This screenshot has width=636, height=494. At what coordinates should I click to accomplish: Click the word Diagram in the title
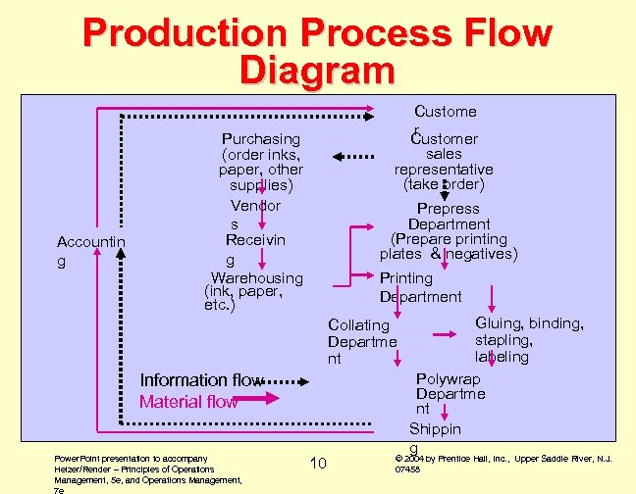(x=316, y=71)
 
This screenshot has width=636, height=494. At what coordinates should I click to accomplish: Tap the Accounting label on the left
(x=90, y=251)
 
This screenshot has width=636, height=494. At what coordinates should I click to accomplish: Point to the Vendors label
(x=255, y=215)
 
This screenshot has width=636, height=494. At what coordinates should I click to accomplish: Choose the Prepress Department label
(x=448, y=231)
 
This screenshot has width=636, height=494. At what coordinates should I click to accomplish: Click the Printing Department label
(x=420, y=287)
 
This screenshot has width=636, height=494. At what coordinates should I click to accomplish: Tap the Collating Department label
(x=362, y=342)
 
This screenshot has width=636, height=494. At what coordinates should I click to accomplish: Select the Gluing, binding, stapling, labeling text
(x=529, y=340)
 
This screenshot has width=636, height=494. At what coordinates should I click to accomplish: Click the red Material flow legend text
(x=188, y=402)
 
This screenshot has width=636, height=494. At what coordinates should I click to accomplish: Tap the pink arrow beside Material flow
(x=260, y=399)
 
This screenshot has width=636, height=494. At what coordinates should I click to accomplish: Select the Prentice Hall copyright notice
(x=503, y=463)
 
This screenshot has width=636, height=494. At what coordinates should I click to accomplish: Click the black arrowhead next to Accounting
(x=121, y=252)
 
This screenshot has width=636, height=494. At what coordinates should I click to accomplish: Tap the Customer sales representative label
(x=448, y=162)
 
